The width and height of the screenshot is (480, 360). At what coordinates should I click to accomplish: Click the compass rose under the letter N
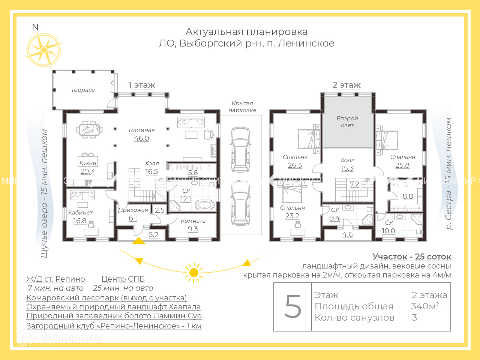[x=44, y=50]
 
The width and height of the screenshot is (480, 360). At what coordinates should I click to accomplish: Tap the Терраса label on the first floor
[x=83, y=90]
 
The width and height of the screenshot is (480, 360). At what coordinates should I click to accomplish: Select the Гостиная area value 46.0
[x=141, y=138]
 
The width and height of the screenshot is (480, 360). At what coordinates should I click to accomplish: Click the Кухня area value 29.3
[x=87, y=171]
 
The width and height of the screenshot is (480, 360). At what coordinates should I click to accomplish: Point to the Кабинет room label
[x=80, y=213]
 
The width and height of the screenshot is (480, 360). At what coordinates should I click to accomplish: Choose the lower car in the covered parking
[x=240, y=203]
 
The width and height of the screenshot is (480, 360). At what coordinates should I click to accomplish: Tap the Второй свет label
[x=347, y=121]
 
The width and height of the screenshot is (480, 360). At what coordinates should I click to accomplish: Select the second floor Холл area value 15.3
[x=347, y=168]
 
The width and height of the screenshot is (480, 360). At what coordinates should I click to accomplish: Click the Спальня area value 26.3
[x=295, y=165]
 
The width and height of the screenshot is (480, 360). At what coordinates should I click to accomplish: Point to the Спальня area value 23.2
[x=292, y=216]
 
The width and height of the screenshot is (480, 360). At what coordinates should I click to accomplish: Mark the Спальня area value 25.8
[x=402, y=165]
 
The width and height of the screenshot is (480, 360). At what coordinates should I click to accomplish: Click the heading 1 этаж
[x=142, y=85]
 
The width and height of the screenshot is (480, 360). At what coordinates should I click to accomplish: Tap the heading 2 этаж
[x=346, y=85]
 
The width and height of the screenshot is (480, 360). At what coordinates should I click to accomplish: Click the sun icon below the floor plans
[x=194, y=272]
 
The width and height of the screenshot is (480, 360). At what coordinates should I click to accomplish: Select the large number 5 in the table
[x=293, y=307]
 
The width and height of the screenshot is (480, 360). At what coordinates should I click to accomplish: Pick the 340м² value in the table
[x=425, y=306]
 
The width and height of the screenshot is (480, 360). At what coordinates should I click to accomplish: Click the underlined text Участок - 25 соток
[x=412, y=257]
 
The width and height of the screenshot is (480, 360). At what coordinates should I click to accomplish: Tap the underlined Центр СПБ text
[x=123, y=279]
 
